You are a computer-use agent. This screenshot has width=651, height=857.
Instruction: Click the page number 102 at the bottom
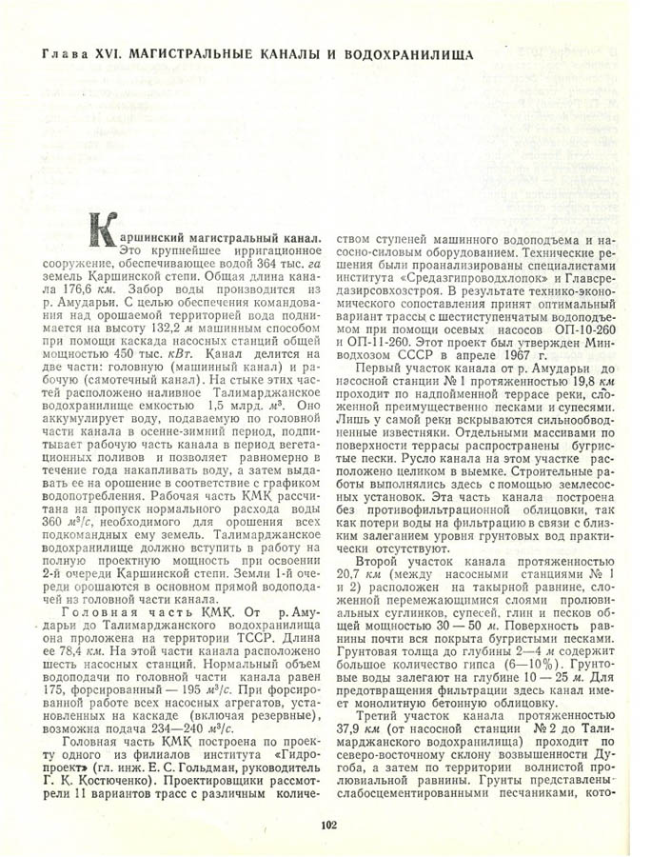[x=329, y=826]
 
